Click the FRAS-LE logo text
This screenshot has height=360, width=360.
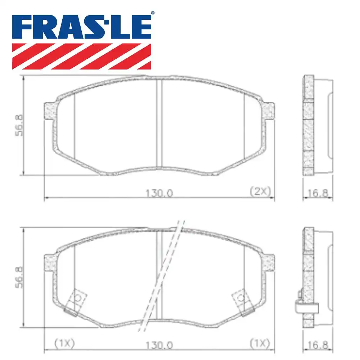pos(82,27)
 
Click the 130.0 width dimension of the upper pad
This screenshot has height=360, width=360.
pos(159,193)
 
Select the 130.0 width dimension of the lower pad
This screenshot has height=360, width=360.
pos(159,345)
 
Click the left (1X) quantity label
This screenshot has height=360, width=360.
pos(64,343)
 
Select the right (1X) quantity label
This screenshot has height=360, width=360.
pos(260,343)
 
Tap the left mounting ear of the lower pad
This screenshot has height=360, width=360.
pos(50,263)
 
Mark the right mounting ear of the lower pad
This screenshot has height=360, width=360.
pos(268,263)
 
